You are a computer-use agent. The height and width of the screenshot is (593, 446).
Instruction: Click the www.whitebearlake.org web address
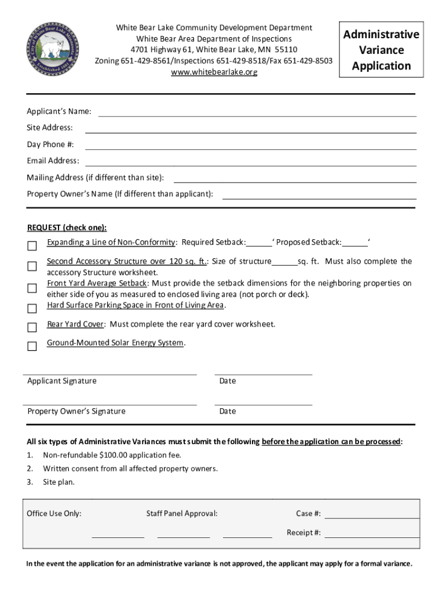click(214, 72)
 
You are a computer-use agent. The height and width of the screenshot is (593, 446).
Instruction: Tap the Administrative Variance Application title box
click(381, 50)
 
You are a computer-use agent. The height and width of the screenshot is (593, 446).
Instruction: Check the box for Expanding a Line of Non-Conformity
click(32, 246)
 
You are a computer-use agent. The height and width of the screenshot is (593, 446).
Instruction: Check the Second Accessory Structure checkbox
click(32, 266)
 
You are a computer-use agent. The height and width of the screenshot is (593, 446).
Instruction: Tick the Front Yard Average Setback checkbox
click(32, 288)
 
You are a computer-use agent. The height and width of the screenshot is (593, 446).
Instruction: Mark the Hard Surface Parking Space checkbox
click(32, 308)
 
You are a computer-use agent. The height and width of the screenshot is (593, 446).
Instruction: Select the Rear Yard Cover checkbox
click(32, 327)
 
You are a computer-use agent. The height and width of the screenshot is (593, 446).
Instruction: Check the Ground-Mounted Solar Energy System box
click(32, 346)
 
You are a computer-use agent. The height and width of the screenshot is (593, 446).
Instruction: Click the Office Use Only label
click(54, 514)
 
